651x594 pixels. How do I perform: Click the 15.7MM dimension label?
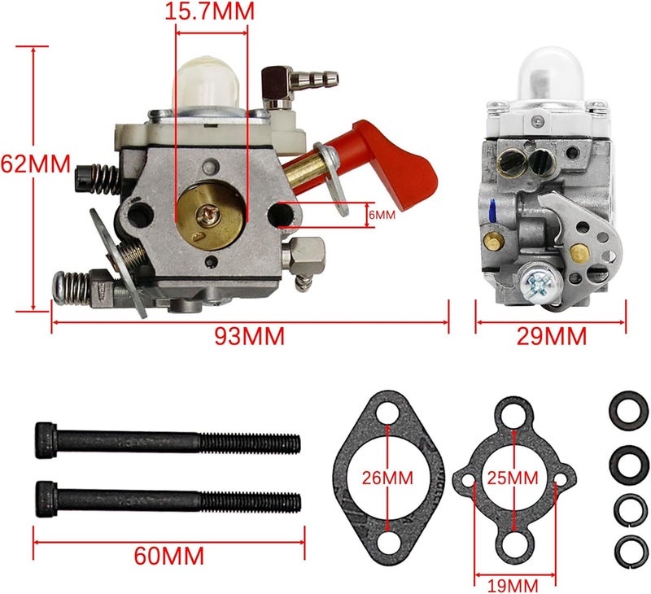pyautogui.click(x=209, y=11)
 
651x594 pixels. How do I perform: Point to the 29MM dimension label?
pyautogui.click(x=553, y=335)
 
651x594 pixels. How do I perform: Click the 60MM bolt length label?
pyautogui.click(x=168, y=557)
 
